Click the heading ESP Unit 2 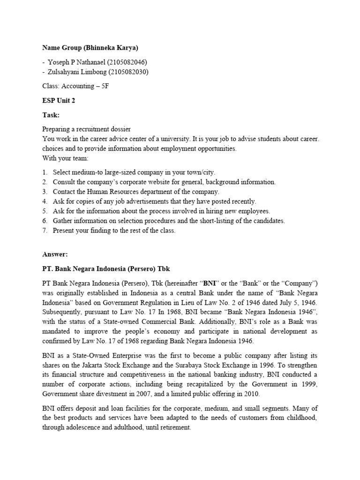click(59, 100)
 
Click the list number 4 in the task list click(45, 201)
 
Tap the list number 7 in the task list click(45, 230)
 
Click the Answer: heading click(55, 254)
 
